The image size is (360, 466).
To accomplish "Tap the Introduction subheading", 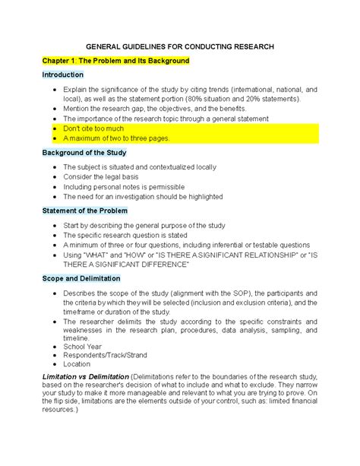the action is pyautogui.click(x=63, y=75).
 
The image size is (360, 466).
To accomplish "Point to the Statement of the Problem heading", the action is pyautogui.click(x=84, y=211).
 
